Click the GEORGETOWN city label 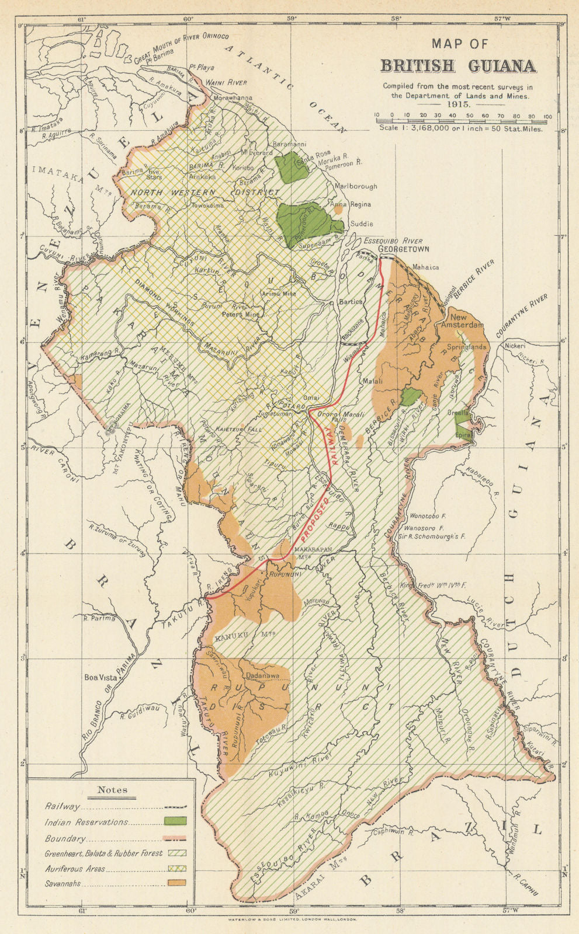[404, 249]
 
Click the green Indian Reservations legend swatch [175, 821]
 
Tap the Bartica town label [352, 302]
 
